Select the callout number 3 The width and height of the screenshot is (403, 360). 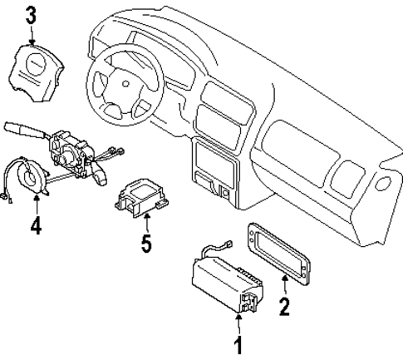pos(32,15)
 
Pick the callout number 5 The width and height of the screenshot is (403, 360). pos(146,244)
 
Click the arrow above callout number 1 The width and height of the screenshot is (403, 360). pos(240,323)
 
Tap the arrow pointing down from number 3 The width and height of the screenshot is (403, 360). pos(32,35)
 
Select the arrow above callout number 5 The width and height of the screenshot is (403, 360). pos(146,223)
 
